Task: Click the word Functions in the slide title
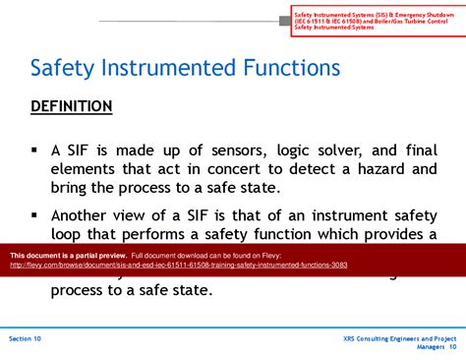291,68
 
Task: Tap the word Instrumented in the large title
166,68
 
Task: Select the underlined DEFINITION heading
71,106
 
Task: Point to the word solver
350,150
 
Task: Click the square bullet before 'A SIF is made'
34,150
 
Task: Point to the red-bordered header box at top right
375,20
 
